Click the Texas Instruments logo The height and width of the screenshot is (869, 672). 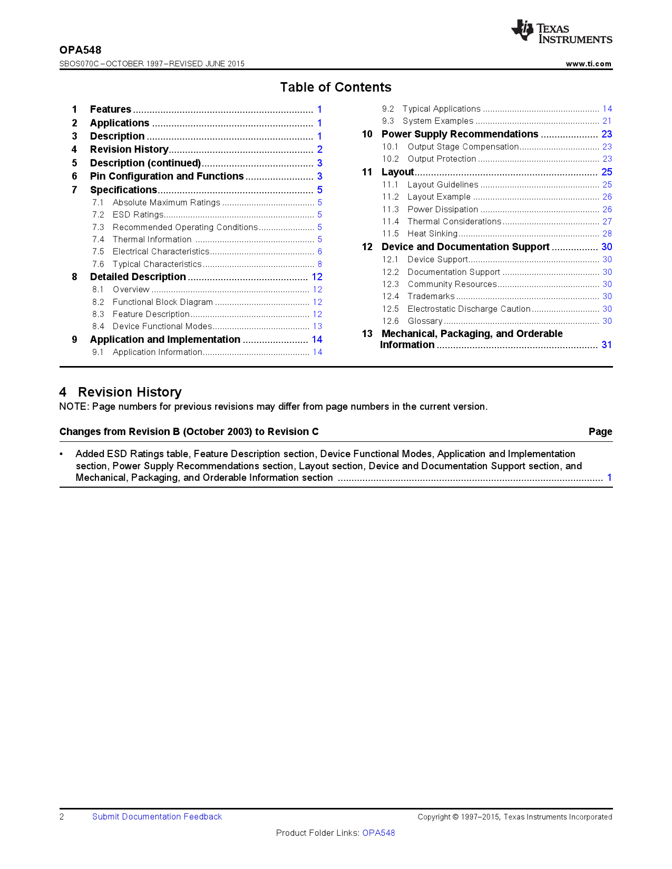pyautogui.click(x=561, y=32)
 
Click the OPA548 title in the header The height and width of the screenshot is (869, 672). pyautogui.click(x=80, y=50)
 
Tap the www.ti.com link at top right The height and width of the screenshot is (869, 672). pyautogui.click(x=588, y=64)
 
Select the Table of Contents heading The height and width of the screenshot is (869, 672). pyautogui.click(x=336, y=87)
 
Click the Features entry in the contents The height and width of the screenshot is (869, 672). pyautogui.click(x=110, y=110)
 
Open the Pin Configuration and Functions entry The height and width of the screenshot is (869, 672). pyautogui.click(x=167, y=176)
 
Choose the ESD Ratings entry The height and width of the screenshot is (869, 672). pyautogui.click(x=138, y=215)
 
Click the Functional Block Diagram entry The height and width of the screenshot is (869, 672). pyautogui.click(x=162, y=302)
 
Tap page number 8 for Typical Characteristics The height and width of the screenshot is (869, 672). pyautogui.click(x=319, y=264)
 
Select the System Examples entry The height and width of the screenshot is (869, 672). pyautogui.click(x=437, y=121)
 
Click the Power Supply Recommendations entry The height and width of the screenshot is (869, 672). pyautogui.click(x=460, y=134)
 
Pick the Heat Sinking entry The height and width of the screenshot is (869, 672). pyautogui.click(x=432, y=234)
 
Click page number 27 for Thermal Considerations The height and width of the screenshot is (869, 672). pyautogui.click(x=607, y=222)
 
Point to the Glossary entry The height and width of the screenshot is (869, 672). pyautogui.click(x=425, y=321)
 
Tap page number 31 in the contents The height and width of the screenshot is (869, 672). pyautogui.click(x=607, y=345)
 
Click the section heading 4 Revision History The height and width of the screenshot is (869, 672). pyautogui.click(x=121, y=392)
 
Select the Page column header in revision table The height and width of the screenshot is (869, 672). pyautogui.click(x=600, y=432)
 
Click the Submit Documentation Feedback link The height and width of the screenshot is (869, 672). pyautogui.click(x=157, y=817)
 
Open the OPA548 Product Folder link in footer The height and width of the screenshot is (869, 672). pyautogui.click(x=378, y=833)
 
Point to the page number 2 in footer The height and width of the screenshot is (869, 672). pyautogui.click(x=62, y=817)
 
